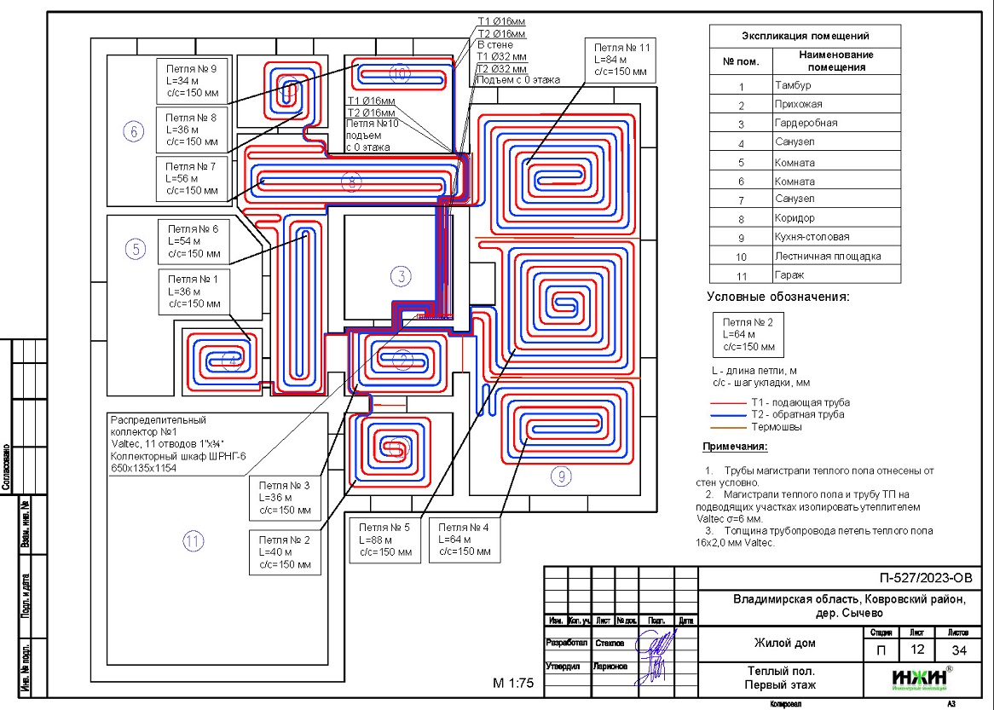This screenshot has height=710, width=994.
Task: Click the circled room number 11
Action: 194,540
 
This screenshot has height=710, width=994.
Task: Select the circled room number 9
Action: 559,476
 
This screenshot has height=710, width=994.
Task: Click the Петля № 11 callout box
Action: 620,60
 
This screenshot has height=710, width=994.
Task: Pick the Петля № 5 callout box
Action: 385,540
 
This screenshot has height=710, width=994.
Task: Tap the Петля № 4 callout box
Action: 465,540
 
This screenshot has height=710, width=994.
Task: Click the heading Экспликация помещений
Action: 805,37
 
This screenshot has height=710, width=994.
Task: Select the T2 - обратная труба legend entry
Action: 798,414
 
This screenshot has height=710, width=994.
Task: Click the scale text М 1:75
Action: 513,683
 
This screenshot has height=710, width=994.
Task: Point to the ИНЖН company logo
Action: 921,678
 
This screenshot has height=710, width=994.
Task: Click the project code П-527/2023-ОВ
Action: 926,579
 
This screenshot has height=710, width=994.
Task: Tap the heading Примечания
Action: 735,447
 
